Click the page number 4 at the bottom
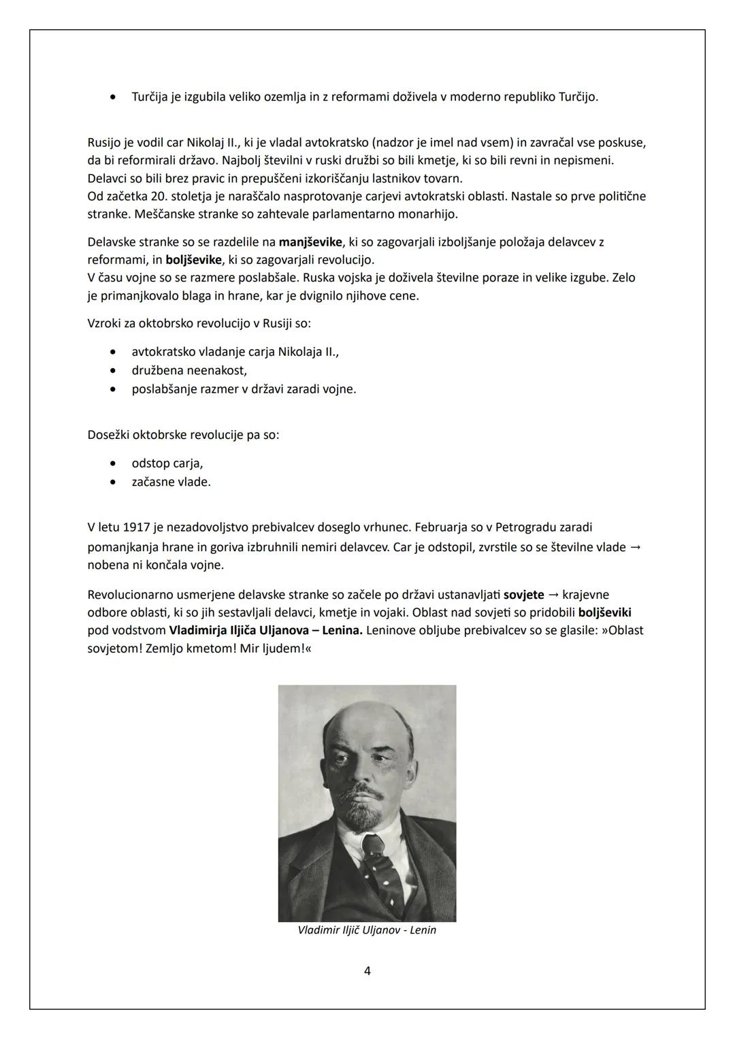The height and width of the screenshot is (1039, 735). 367,971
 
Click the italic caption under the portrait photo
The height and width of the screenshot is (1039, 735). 367,930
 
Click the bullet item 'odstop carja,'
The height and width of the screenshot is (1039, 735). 167,463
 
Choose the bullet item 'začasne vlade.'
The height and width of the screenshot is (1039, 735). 171,482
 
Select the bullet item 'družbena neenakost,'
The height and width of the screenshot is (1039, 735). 189,371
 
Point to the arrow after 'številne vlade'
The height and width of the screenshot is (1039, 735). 636,547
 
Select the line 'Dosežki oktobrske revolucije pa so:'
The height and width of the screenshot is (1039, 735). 183,435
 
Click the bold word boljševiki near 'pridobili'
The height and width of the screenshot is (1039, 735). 604,612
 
